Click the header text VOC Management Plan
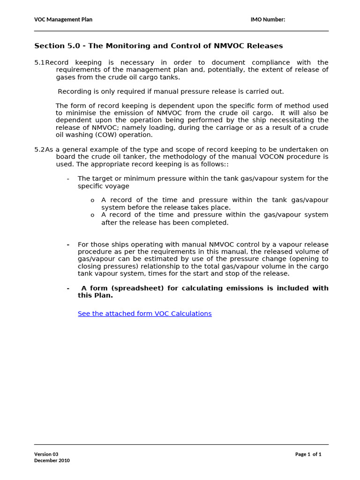tap(63, 19)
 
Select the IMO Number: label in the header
tap(268, 19)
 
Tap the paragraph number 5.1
tap(39, 62)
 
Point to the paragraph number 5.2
tap(39, 150)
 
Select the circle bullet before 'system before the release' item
tap(92, 201)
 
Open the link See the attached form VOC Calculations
tap(144, 314)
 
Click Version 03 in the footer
tap(46, 454)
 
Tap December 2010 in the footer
tap(52, 461)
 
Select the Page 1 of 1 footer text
tap(308, 454)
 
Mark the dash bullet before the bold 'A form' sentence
tap(68, 288)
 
